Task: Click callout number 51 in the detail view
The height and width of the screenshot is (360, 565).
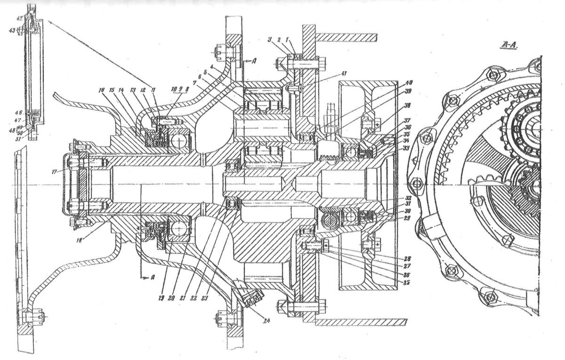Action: (19, 138)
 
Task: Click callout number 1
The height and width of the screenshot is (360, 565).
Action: (295, 40)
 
